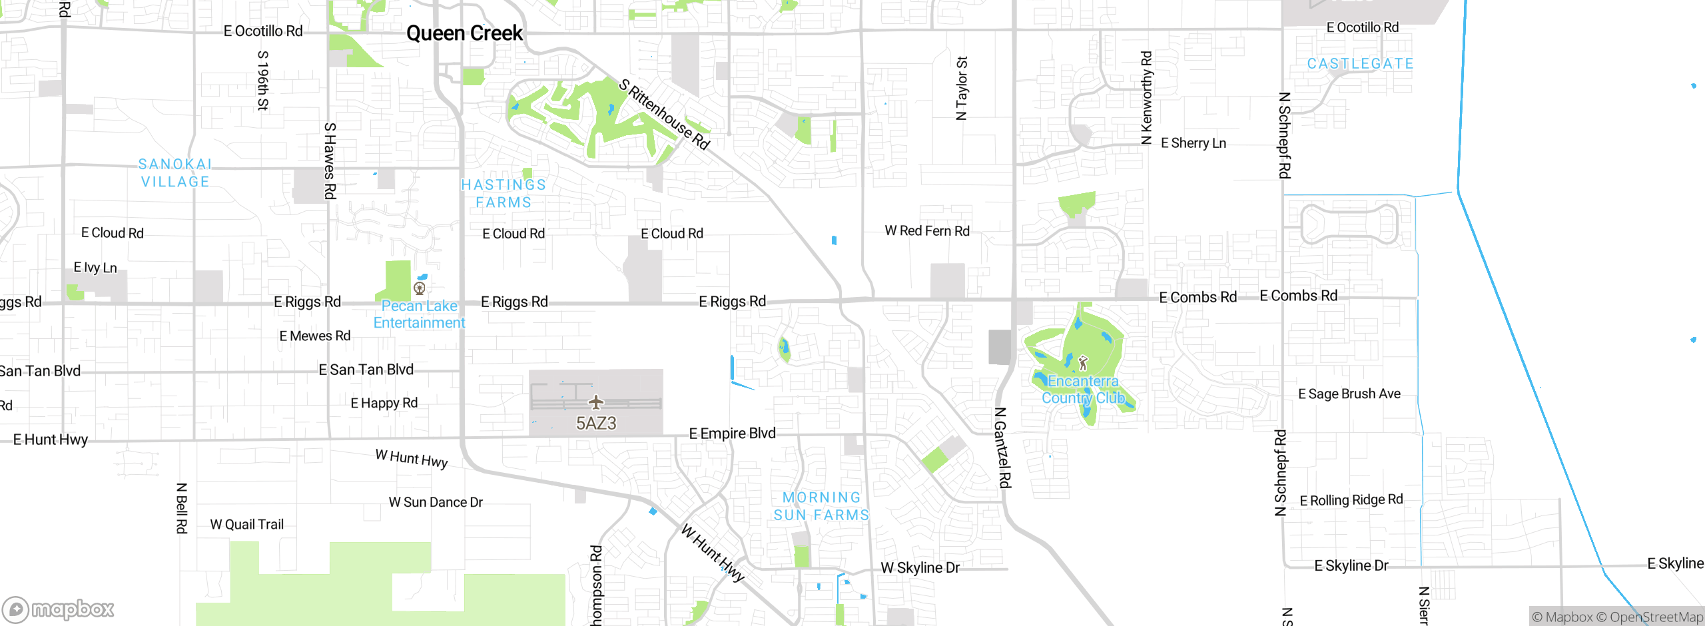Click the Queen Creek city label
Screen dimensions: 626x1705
pos(464,33)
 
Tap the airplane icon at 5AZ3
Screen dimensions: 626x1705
pos(596,402)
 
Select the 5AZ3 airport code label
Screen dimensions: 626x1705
pos(596,424)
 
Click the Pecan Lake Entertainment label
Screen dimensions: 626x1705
pos(419,314)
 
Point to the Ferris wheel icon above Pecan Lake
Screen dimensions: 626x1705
pos(420,288)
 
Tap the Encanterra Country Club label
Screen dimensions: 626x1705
pos(1083,390)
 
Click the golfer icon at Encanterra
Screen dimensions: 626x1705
pos(1083,363)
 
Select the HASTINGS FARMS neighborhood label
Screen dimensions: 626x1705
pos(504,194)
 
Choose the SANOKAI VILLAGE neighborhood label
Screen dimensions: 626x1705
pos(175,173)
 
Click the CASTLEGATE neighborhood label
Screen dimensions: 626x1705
pos(1360,64)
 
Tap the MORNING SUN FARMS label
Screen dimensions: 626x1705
pos(821,506)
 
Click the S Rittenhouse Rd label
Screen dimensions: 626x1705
pos(664,114)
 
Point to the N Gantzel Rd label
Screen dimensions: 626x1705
pos(1002,448)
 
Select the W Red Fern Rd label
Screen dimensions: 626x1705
pos(926,231)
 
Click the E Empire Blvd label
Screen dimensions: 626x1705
pos(732,434)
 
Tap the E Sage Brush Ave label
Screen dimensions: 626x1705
pos(1349,394)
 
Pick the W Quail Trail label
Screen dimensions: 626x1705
pos(246,525)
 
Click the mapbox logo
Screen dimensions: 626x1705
pos(58,609)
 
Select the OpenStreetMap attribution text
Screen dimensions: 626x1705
pos(1656,617)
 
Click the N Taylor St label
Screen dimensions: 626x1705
pos(961,88)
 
